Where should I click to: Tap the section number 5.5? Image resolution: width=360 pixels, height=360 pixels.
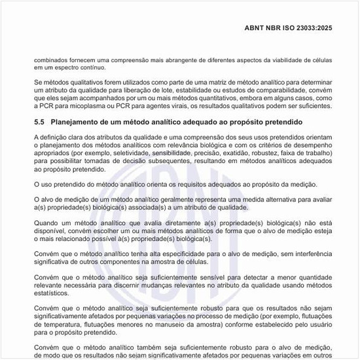40,122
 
